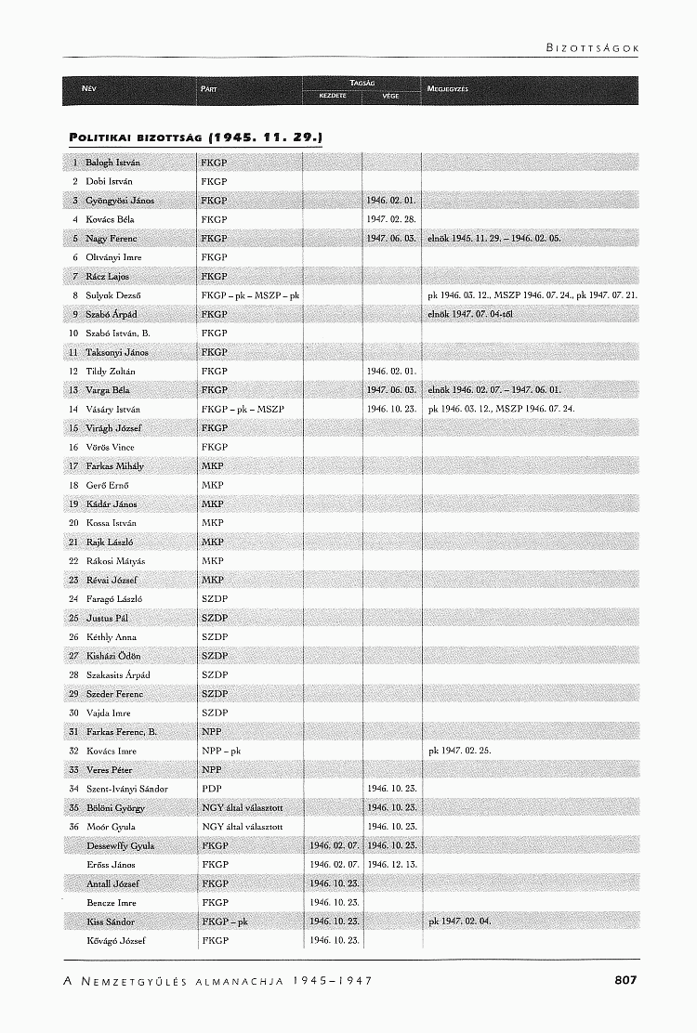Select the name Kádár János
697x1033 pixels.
(x=112, y=503)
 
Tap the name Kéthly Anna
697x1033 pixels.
(x=111, y=637)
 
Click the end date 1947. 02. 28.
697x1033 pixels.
(x=389, y=219)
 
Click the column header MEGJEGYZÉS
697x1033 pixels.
(x=448, y=90)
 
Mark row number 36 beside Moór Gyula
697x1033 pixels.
(x=72, y=827)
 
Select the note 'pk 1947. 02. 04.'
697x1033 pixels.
(x=459, y=922)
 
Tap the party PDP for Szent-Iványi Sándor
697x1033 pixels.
(x=211, y=789)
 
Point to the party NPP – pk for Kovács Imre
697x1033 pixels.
(x=221, y=751)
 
